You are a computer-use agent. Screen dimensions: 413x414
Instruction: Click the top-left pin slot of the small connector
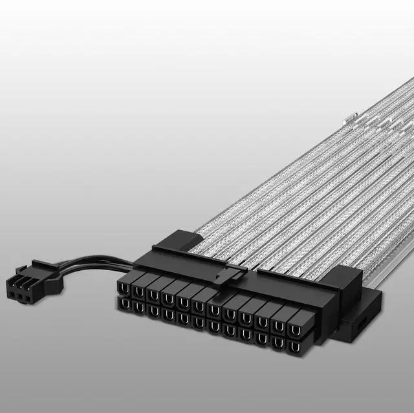[x=14, y=284]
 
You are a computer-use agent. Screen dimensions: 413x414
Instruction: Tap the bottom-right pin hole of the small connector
[x=30, y=301]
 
